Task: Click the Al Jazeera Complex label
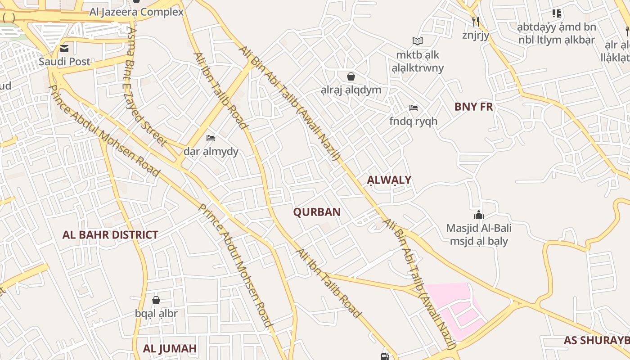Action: [136, 12]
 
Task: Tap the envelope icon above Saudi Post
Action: [64, 48]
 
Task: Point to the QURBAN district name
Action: [317, 212]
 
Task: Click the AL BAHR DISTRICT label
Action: [110, 235]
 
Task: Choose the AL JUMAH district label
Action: [170, 349]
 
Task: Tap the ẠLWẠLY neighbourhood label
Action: [389, 180]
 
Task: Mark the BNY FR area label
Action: [473, 107]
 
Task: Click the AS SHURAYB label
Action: [596, 341]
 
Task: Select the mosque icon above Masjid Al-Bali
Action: [478, 215]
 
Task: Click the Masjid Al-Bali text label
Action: [479, 228]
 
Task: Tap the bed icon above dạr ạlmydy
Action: [210, 138]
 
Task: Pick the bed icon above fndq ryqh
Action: [413, 108]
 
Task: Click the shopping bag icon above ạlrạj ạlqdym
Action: [351, 76]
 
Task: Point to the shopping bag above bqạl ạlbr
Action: [156, 300]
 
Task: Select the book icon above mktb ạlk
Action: [418, 41]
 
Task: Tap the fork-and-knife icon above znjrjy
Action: [475, 21]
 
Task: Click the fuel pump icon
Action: [385, 356]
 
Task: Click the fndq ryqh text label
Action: [413, 121]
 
